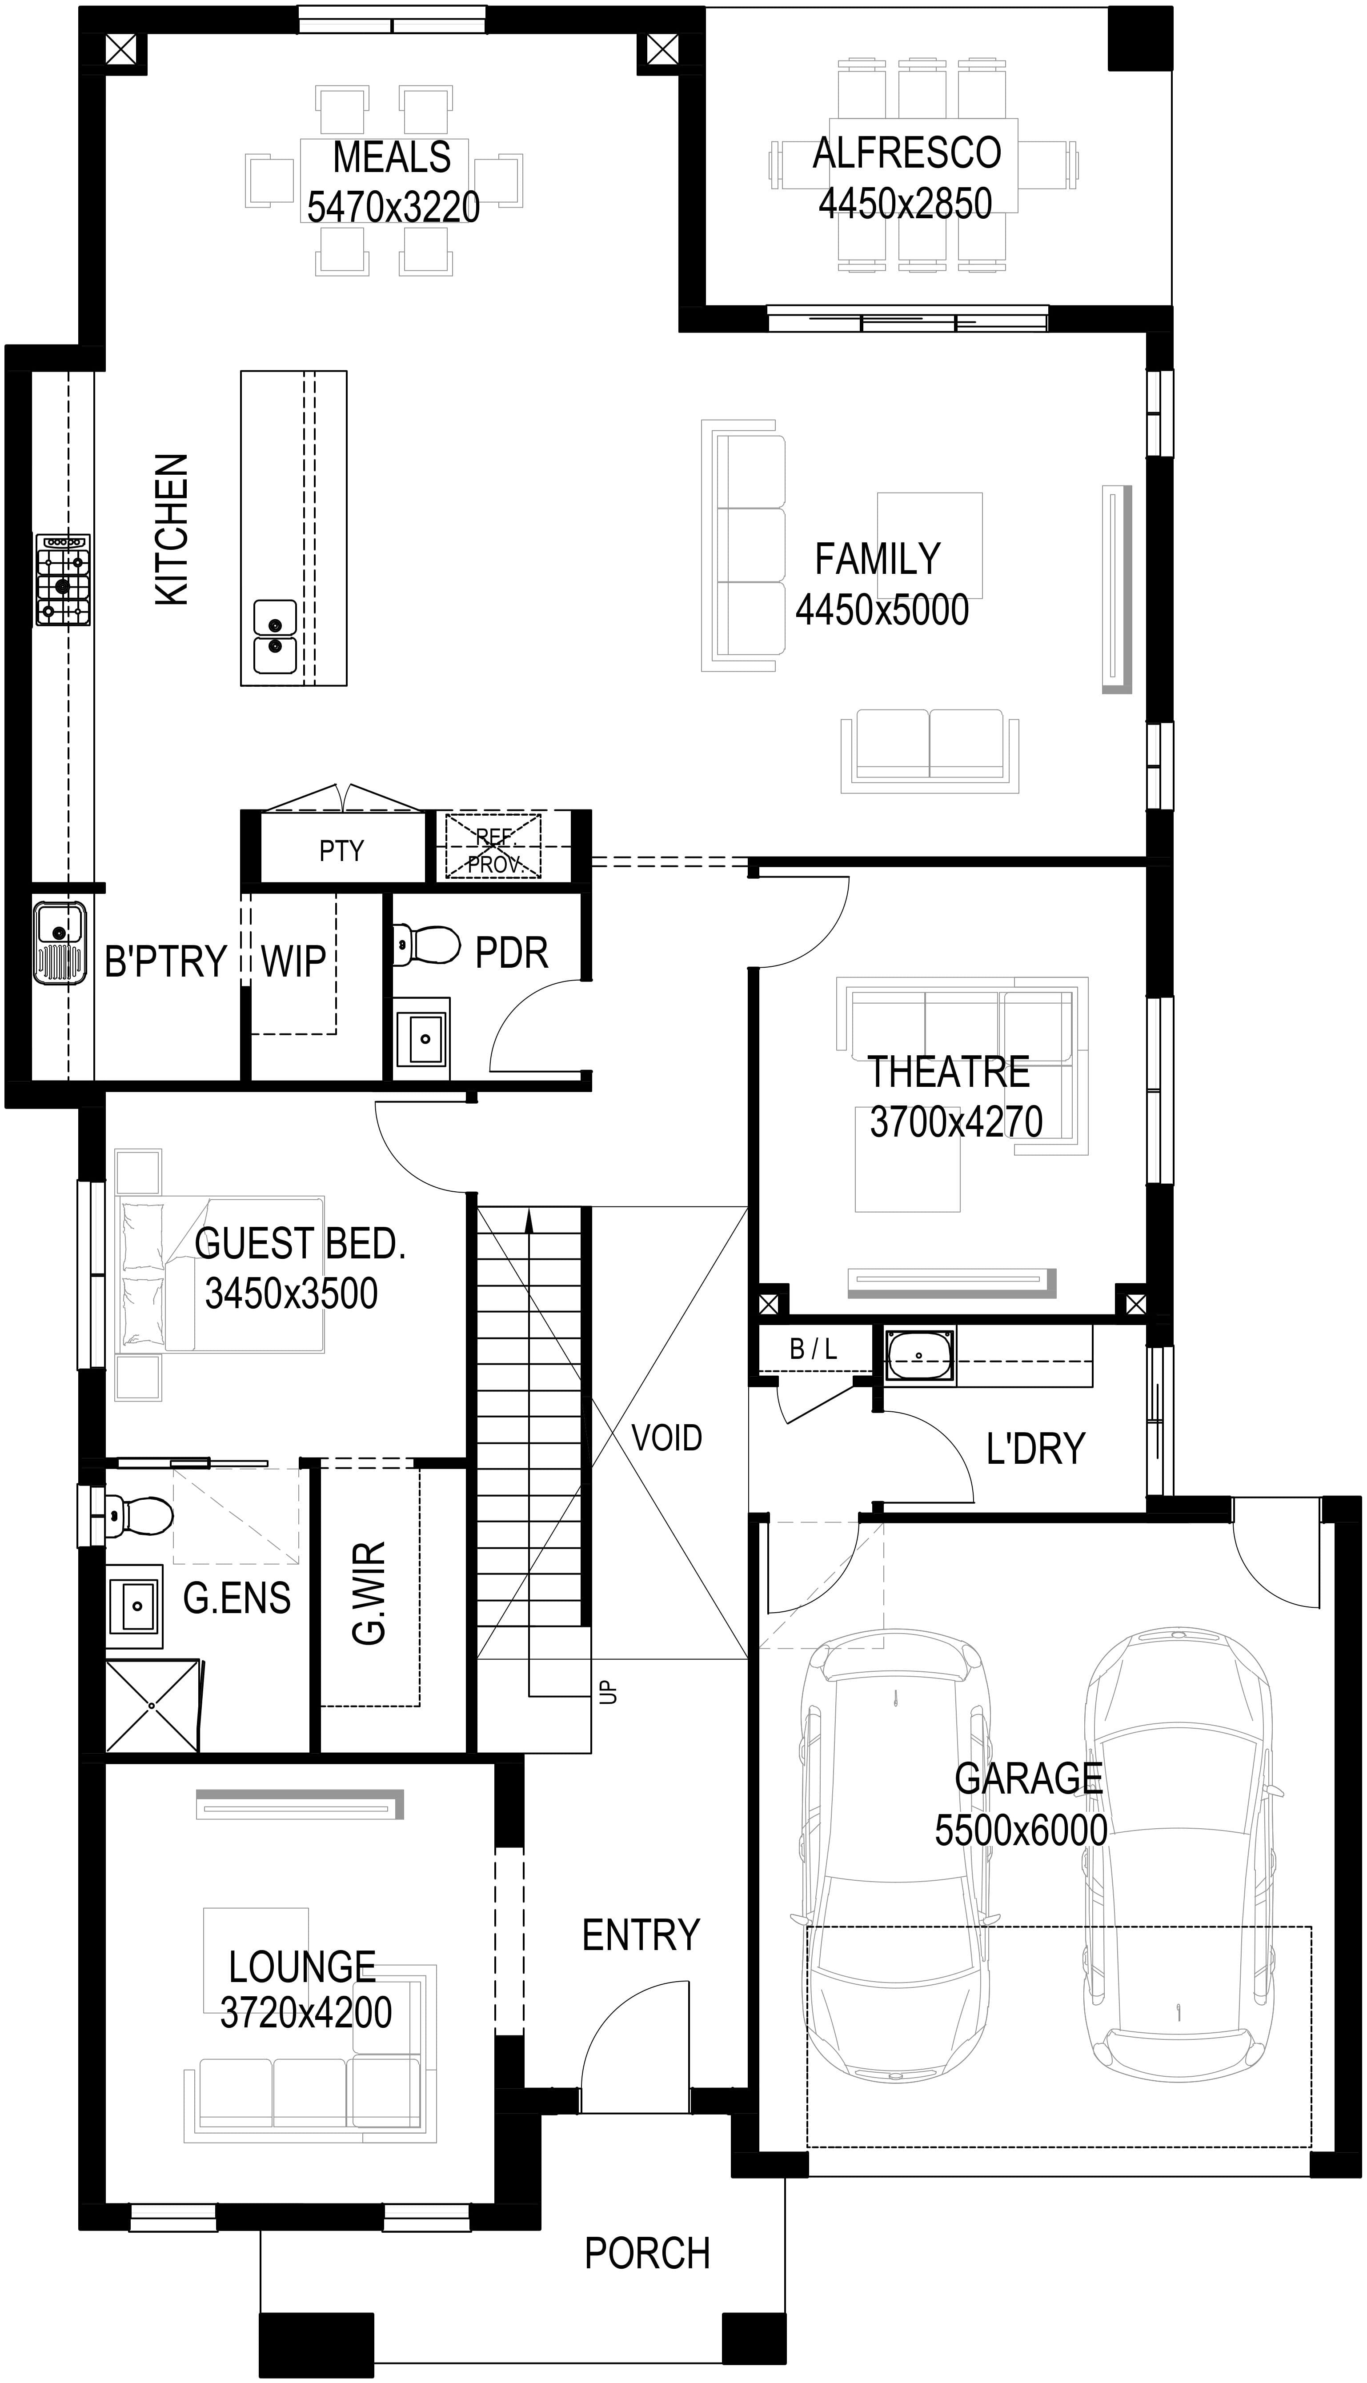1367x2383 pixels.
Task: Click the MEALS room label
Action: tap(392, 158)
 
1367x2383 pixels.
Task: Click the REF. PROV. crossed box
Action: tap(493, 847)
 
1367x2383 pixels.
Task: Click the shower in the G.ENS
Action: tap(153, 1706)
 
